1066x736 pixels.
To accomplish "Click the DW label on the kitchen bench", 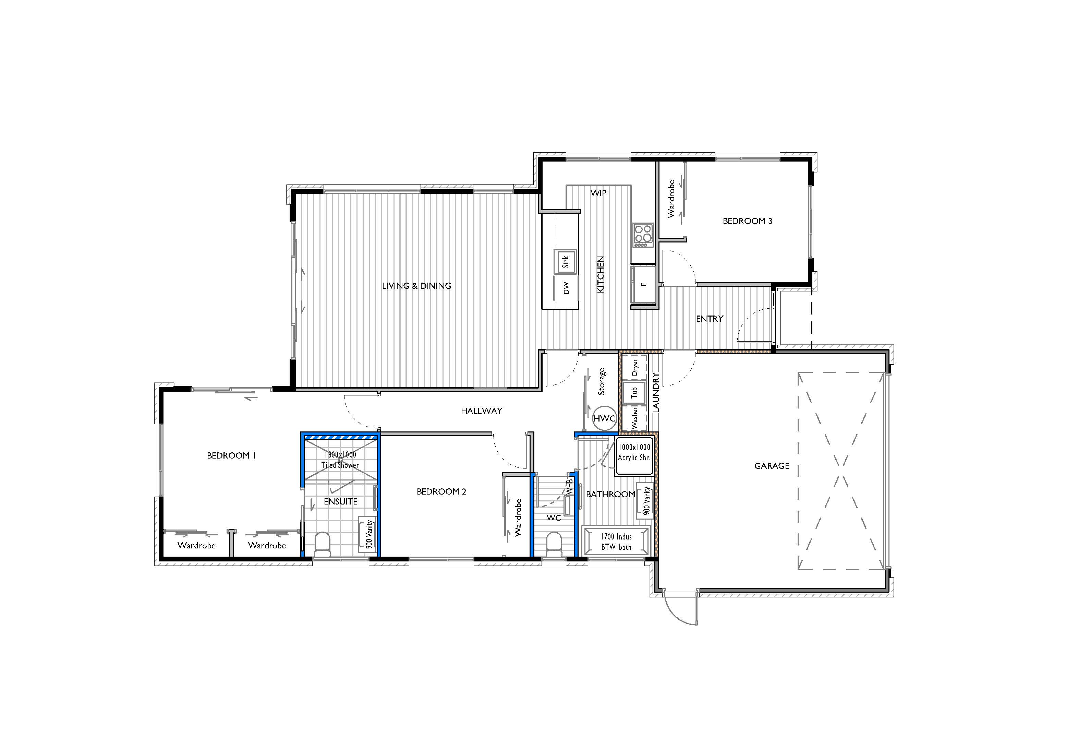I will (566, 288).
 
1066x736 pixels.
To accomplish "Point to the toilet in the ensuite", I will (322, 545).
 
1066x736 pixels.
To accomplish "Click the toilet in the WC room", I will (553, 545).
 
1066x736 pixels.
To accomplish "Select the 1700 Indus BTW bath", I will (616, 542).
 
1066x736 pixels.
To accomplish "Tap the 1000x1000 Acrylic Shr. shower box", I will (634, 455).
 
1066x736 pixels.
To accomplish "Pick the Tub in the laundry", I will (634, 392).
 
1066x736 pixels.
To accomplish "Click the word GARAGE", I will (772, 466).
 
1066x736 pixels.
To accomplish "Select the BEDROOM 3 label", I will (747, 221).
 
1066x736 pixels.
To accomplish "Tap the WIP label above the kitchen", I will (598, 193).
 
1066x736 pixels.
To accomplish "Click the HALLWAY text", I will (481, 411).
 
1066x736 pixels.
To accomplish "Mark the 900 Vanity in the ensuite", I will (369, 535).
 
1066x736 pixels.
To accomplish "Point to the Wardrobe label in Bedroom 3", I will (671, 199).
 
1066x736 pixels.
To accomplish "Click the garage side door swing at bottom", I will (679, 609).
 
